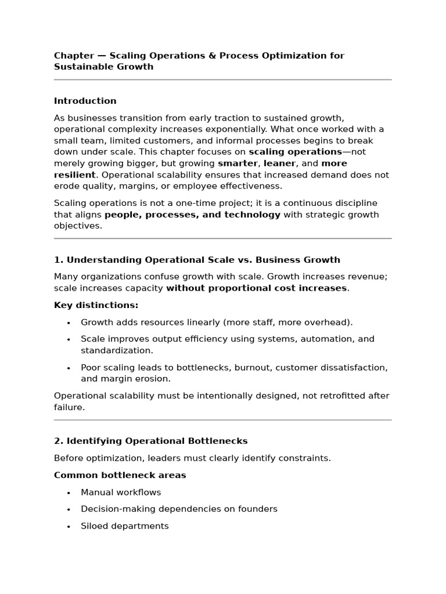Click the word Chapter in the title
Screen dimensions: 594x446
74,56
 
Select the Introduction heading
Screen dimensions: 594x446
85,101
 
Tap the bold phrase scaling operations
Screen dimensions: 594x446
295,152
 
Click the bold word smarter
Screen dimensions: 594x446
238,164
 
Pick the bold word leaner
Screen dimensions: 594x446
279,164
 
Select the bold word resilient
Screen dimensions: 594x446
74,175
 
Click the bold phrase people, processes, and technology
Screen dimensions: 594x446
192,215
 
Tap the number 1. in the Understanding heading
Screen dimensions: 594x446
58,260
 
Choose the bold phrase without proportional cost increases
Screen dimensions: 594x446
256,288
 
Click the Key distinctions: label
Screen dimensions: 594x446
96,305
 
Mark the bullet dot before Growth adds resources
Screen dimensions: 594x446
69,323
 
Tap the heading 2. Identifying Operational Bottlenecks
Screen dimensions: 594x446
150,441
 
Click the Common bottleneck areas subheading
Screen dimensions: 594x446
120,475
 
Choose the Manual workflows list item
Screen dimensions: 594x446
121,492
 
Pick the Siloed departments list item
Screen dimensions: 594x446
124,526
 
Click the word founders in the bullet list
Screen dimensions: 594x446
260,509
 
